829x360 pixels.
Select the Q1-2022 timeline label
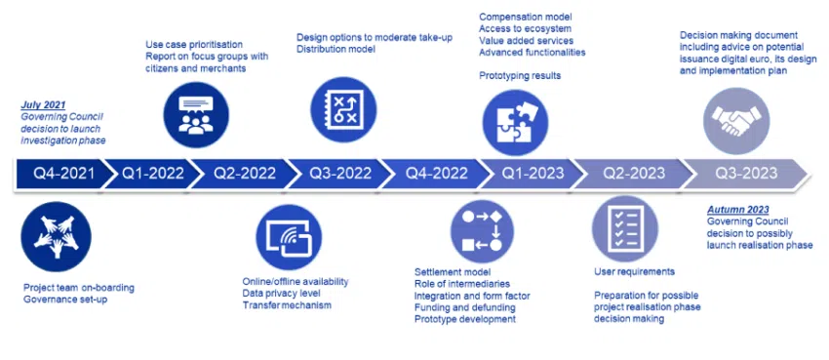click(153, 174)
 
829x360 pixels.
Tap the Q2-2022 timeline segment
click(244, 174)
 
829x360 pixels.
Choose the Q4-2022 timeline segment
click(436, 174)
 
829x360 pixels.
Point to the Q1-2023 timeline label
click(533, 174)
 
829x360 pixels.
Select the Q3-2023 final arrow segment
click(746, 174)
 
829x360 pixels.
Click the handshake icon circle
click(736, 121)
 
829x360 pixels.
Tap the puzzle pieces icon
click(515, 123)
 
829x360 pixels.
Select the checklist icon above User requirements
click(625, 228)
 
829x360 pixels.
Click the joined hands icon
click(56, 237)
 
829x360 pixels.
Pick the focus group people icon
click(196, 116)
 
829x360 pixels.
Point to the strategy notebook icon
click(343, 110)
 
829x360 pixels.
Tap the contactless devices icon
click(289, 237)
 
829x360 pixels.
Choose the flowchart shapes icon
click(482, 231)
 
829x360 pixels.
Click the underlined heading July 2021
click(43, 104)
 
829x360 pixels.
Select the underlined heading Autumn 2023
click(738, 209)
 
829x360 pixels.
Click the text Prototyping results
click(520, 75)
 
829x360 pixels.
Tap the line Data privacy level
click(281, 294)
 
